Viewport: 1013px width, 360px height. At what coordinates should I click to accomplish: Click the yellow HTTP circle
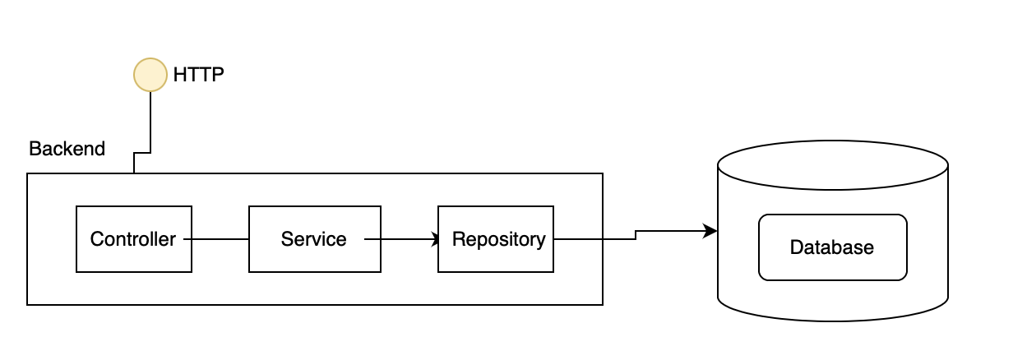tap(150, 75)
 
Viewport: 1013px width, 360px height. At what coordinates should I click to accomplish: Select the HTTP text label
tap(198, 75)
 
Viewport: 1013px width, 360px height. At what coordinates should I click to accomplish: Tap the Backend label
tap(67, 149)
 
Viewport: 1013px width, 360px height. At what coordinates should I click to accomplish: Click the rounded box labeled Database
tap(832, 247)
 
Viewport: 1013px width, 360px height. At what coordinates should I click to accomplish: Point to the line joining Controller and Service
tap(220, 239)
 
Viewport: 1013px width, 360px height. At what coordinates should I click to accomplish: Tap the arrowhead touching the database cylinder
tap(710, 233)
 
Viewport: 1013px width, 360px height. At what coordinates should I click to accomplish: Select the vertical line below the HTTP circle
tap(150, 119)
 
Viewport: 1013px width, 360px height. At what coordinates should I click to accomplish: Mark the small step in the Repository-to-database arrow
tap(636, 236)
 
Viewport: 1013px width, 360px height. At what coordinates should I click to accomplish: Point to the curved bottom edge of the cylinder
tap(832, 320)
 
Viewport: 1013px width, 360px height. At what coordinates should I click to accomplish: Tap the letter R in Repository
tap(458, 239)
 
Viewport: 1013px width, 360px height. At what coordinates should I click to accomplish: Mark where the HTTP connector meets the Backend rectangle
tap(134, 173)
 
